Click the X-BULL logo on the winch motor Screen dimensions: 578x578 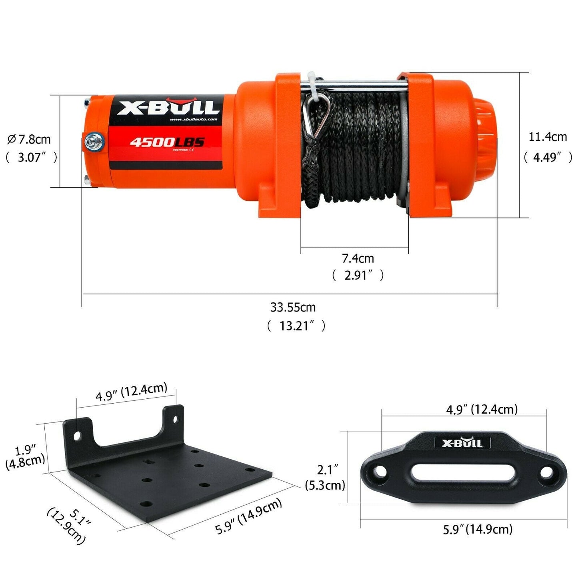(168, 107)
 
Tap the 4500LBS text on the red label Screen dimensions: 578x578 (167, 142)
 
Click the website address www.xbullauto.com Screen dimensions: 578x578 (194, 120)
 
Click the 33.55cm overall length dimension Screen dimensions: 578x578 (293, 307)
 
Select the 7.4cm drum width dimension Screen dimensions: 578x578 (358, 258)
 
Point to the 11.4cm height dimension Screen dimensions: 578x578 (548, 137)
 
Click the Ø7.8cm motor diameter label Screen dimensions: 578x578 (29, 140)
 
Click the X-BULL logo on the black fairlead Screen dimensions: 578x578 (462, 443)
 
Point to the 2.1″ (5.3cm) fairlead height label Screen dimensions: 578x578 (325, 477)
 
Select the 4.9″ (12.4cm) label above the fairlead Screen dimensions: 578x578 (482, 409)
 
